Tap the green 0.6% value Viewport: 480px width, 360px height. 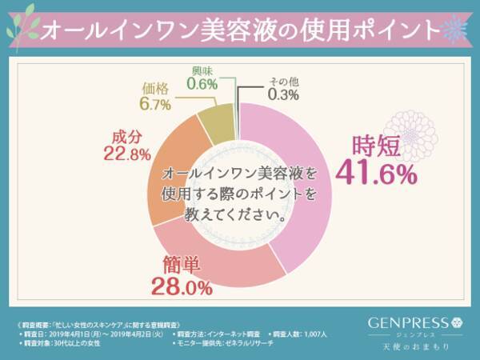[x=205, y=82]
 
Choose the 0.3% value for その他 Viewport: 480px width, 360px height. [x=285, y=94]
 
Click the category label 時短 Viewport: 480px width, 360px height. [x=376, y=146]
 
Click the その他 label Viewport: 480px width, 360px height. [x=284, y=81]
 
